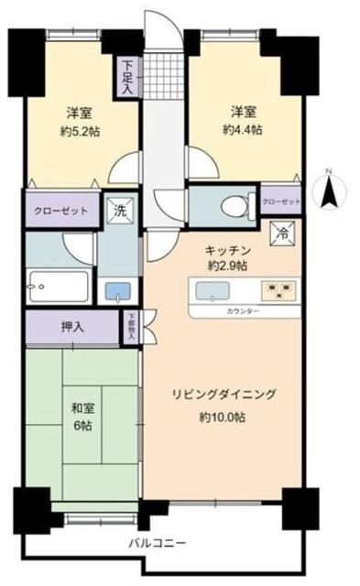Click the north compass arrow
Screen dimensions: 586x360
tap(328, 193)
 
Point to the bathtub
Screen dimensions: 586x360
tap(58, 287)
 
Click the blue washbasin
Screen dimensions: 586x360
tap(117, 292)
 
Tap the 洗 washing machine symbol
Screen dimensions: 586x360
tap(118, 211)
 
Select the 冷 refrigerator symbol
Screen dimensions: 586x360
tap(284, 233)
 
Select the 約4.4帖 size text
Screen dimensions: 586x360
tap(242, 130)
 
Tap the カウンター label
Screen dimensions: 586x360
tap(242, 312)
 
